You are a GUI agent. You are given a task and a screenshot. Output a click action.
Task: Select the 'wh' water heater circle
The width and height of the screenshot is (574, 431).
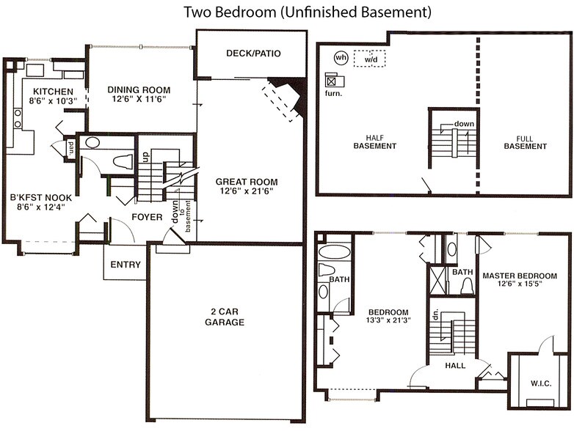tap(341, 56)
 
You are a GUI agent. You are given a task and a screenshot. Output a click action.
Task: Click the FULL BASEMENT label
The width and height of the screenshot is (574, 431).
tap(525, 141)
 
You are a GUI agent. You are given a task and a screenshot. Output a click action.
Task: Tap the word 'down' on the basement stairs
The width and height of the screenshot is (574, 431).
tap(464, 124)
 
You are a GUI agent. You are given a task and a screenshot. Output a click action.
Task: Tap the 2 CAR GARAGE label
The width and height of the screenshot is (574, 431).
tap(224, 317)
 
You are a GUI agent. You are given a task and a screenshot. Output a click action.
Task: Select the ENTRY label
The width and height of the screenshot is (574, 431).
tap(125, 265)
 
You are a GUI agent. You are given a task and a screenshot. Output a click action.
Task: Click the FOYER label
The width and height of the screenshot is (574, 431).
tap(146, 217)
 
